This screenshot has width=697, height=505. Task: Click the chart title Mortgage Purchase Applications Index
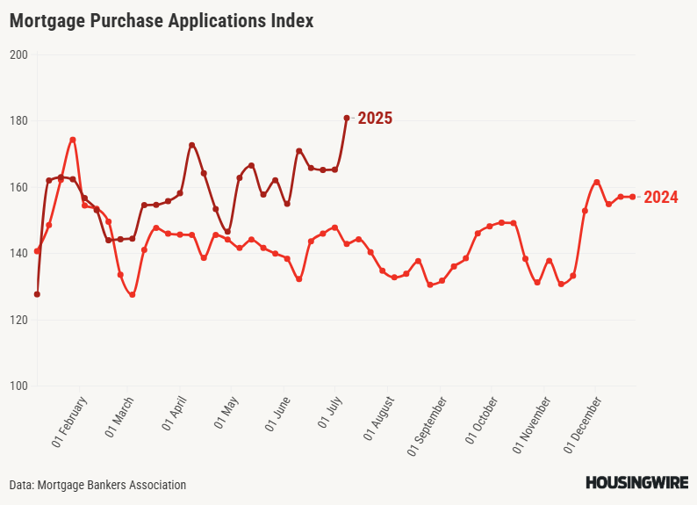[x=162, y=21]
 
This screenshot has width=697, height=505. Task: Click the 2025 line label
[x=375, y=118]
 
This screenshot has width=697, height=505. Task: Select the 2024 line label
[x=661, y=197]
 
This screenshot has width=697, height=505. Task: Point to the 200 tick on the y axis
[x=19, y=54]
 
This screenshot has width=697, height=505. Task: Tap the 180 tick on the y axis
[x=19, y=120]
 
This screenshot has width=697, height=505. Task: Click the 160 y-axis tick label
[x=19, y=187]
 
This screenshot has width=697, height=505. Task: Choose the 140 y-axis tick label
[x=19, y=253]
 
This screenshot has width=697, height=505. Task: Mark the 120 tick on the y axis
[x=19, y=320]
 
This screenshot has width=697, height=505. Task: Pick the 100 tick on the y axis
[x=19, y=386]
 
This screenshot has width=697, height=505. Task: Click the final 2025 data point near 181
[x=347, y=118]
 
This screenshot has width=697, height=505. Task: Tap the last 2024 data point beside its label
[x=633, y=197]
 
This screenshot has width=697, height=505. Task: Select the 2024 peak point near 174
[x=73, y=140]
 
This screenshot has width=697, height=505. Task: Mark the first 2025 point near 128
[x=37, y=294]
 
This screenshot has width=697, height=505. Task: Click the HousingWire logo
[x=636, y=483]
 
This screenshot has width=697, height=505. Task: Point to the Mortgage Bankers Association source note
[x=97, y=485]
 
